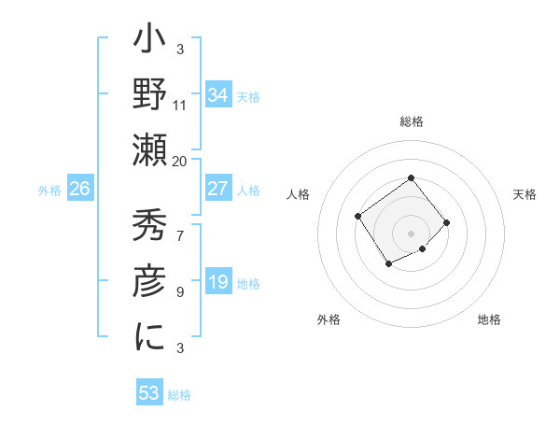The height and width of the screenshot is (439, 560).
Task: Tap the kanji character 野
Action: (150, 95)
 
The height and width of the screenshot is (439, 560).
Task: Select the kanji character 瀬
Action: (150, 149)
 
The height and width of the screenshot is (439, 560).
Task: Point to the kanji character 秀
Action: (150, 227)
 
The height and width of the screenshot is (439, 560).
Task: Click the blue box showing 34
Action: (217, 94)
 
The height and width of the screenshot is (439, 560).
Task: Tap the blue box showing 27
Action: (217, 189)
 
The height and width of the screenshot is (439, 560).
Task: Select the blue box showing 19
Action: (217, 282)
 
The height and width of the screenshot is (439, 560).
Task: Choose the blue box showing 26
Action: (79, 189)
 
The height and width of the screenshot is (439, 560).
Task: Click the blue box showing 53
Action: (149, 393)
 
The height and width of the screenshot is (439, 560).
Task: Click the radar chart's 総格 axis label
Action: (411, 121)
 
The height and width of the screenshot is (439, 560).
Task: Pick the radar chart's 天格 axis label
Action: (525, 194)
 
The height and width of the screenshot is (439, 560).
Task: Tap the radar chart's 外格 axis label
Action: (329, 319)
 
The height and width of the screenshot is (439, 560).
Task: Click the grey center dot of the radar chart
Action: (411, 233)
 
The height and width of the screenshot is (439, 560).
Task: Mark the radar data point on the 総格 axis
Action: (411, 178)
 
